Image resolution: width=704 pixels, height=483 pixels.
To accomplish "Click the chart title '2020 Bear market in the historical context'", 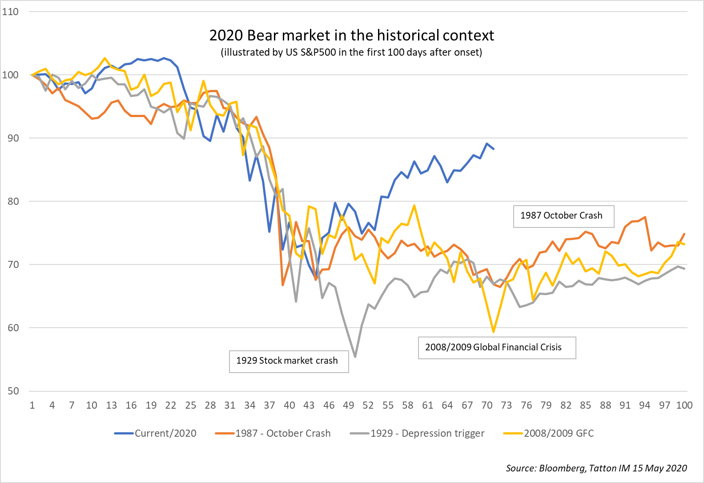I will [x=351, y=35].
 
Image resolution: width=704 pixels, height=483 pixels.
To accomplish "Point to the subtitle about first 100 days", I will [x=351, y=52].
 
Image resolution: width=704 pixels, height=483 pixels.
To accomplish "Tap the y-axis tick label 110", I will [x=10, y=12].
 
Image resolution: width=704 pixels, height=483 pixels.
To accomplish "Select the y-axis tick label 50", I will [x=13, y=391].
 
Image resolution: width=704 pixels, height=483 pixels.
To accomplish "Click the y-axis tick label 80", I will [x=13, y=201].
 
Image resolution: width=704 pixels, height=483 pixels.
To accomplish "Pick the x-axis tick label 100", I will [x=684, y=405].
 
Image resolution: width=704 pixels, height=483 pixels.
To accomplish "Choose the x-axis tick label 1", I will [x=32, y=405].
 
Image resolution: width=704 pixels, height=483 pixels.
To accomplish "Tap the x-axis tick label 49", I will [x=348, y=405].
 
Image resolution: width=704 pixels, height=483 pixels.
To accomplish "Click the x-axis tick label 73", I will [x=506, y=405].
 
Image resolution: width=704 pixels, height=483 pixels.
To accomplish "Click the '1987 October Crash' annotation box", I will [x=563, y=216].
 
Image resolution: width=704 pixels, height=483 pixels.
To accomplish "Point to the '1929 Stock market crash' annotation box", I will [x=289, y=361].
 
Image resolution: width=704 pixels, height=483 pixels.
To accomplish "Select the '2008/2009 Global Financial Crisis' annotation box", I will [x=497, y=348].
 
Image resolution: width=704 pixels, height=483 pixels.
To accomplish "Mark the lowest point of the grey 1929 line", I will [x=355, y=357].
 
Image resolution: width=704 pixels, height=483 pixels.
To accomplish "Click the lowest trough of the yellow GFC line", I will [x=493, y=332].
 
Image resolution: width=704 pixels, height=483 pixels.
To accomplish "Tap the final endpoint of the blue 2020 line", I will [x=493, y=149].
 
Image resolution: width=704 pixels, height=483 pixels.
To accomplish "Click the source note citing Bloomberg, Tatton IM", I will [x=596, y=468].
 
